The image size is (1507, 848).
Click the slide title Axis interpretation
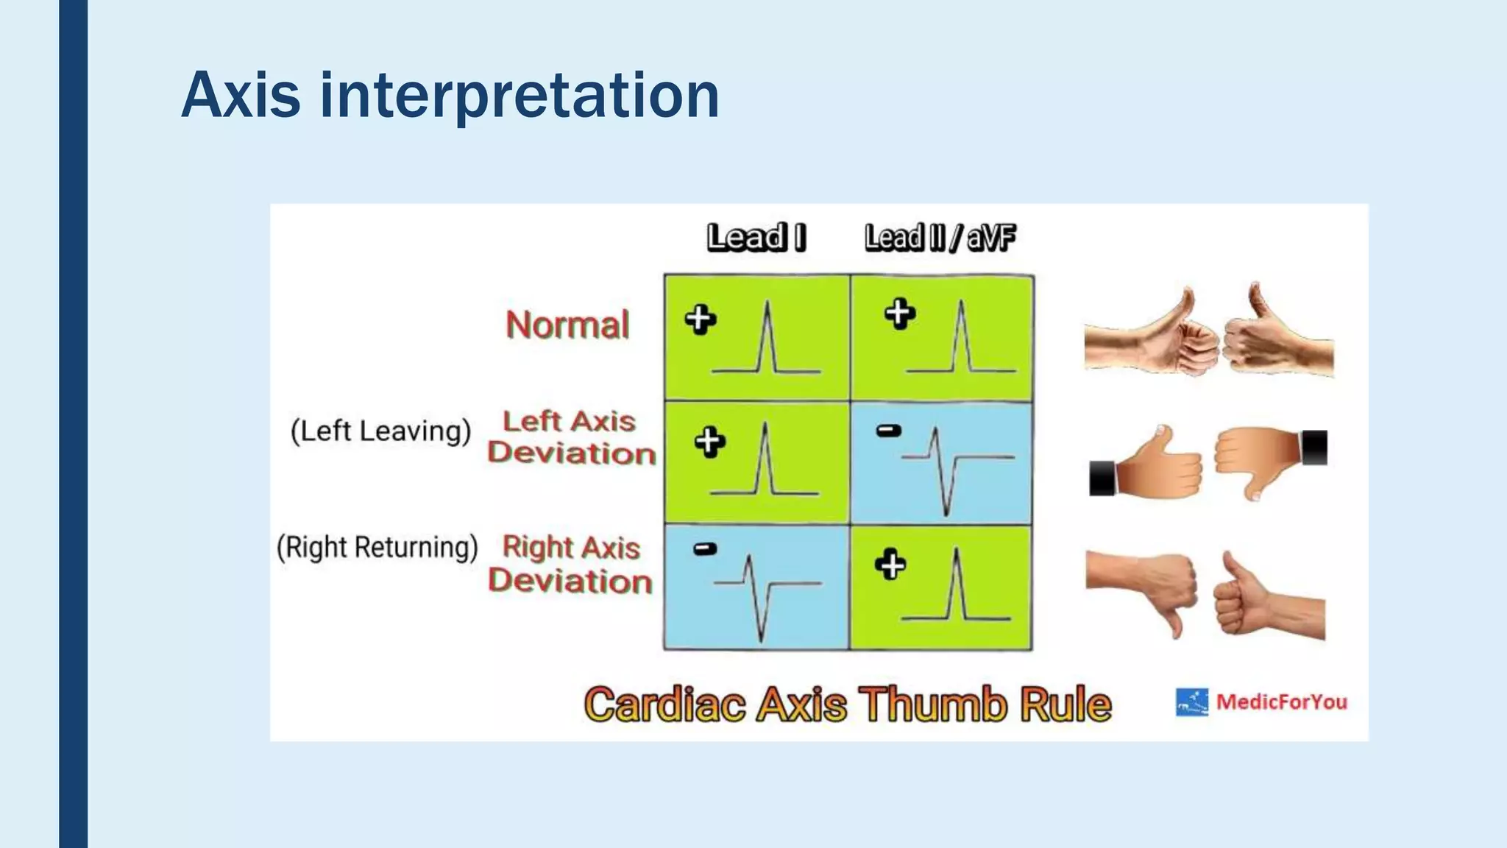450,96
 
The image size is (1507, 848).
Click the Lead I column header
756,238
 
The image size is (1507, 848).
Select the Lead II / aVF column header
940,238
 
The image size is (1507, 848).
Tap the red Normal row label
567,325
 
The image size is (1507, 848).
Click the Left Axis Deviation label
571,437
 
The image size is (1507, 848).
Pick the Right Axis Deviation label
571,564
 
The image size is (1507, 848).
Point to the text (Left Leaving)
380,431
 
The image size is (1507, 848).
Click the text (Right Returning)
377,548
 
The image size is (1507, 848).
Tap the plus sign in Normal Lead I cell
700,319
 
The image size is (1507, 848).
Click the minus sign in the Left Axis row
889,431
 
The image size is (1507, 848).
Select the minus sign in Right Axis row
705,548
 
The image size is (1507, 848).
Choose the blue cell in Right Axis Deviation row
756,587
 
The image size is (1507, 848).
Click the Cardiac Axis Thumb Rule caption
847,704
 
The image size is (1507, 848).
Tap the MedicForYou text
1281,702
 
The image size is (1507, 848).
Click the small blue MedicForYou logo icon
1191,702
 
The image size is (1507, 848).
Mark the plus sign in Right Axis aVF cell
890,565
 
